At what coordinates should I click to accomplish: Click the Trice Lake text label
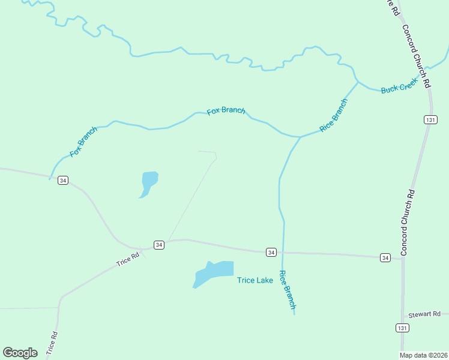point(255,280)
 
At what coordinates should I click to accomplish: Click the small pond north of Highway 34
point(148,181)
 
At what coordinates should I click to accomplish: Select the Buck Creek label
point(399,88)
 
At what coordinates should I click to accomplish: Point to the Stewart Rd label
point(424,314)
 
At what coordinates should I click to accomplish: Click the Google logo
point(20,353)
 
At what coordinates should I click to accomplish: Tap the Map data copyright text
point(424,355)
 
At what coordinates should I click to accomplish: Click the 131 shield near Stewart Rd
point(402,328)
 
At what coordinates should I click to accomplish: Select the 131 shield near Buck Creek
point(429,120)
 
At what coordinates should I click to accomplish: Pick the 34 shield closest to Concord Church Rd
point(385,257)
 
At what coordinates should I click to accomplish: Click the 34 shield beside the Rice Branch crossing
point(271,253)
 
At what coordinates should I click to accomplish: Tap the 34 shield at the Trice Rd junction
point(158,245)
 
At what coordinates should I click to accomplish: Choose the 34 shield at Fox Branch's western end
point(63,180)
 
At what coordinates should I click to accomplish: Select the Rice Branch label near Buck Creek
point(333,115)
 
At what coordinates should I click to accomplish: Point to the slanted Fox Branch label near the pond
point(83,142)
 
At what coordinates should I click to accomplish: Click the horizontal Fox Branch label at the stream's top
point(226,110)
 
